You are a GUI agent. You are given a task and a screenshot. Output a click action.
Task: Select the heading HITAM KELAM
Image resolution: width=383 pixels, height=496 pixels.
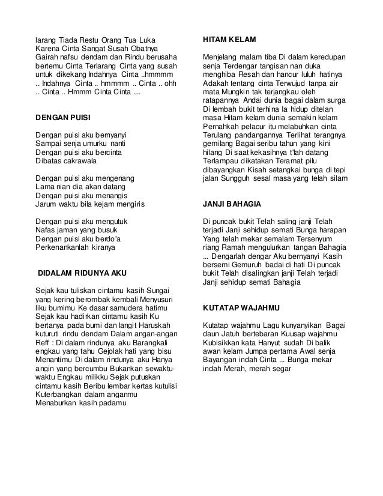[229, 40]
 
